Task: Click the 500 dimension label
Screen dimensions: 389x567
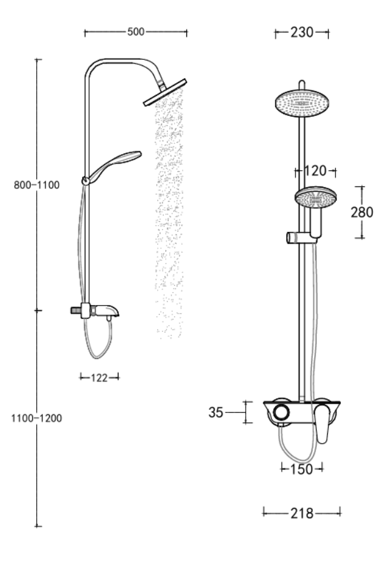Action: click(x=135, y=32)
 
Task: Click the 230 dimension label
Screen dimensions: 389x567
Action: click(x=302, y=32)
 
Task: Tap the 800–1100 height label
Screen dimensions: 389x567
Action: click(x=37, y=185)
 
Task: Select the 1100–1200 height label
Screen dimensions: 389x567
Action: click(x=37, y=419)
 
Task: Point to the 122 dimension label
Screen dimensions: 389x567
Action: click(x=99, y=378)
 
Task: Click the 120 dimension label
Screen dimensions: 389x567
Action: click(x=315, y=171)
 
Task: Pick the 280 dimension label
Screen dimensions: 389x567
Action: click(x=362, y=212)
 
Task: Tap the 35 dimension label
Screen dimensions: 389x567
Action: click(x=216, y=412)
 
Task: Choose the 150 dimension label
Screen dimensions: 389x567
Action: click(x=302, y=469)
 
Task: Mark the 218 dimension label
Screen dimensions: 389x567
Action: click(x=302, y=513)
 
